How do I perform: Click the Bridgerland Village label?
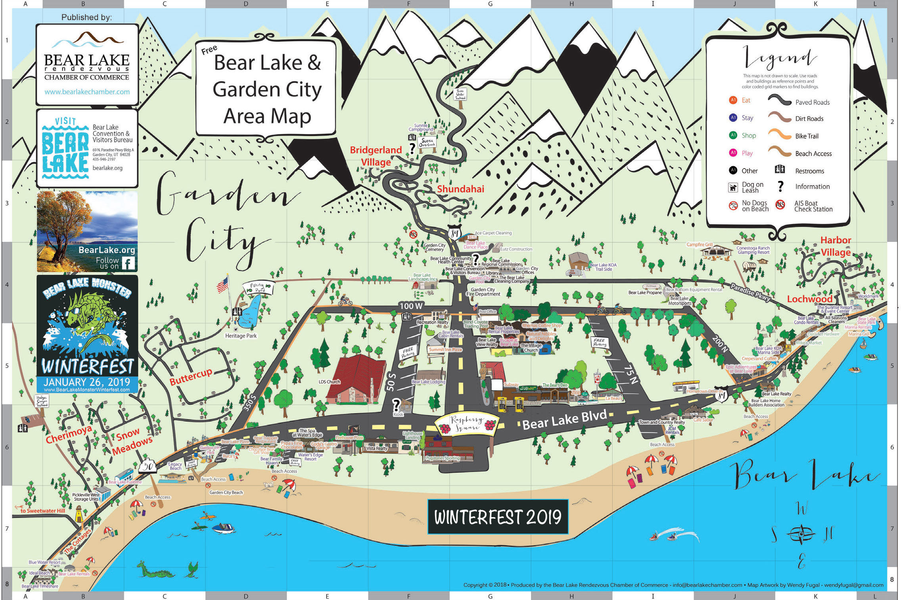(x=376, y=156)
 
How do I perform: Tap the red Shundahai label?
(x=460, y=189)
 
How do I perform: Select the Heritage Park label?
(x=241, y=336)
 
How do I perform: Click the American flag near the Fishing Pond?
(x=223, y=284)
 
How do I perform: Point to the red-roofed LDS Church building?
(x=356, y=379)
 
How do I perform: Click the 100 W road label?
(x=411, y=306)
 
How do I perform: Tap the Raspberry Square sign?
(x=467, y=424)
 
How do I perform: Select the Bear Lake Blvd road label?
(x=564, y=420)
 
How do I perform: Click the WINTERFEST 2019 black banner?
(x=498, y=517)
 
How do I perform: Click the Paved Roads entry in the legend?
(x=812, y=102)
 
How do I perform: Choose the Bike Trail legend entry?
(x=806, y=136)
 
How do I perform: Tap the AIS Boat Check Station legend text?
(x=813, y=206)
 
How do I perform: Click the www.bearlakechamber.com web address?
(x=87, y=92)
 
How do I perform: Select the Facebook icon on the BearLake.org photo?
(x=128, y=263)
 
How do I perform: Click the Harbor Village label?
(x=836, y=246)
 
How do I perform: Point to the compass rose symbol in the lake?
(x=801, y=534)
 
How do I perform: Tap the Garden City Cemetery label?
(x=435, y=247)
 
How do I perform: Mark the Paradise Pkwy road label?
(x=750, y=292)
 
